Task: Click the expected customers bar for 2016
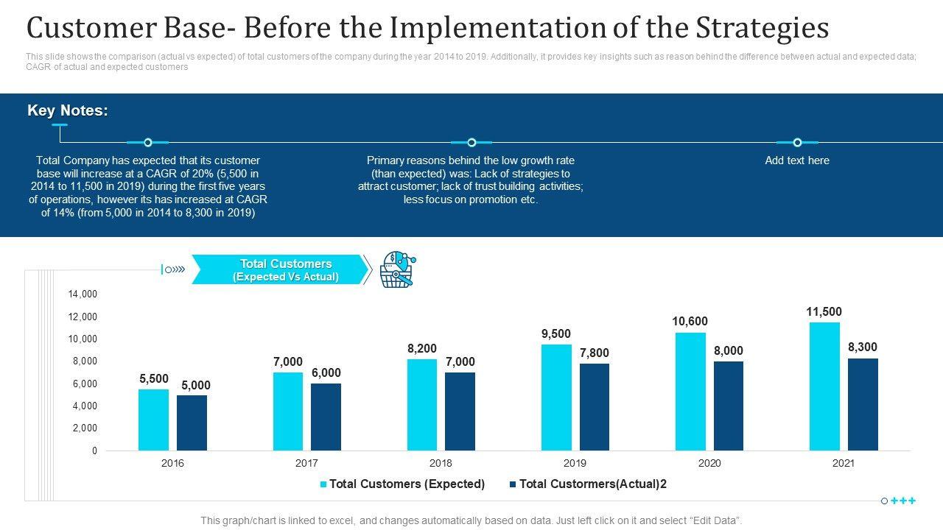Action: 153,420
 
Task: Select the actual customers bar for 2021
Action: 863,404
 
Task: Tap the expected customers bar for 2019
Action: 556,397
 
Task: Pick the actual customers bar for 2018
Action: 460,411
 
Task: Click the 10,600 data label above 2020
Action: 690,322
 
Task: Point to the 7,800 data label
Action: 594,353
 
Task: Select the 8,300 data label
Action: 862,347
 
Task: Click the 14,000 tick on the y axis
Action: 83,294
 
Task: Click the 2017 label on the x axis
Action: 306,464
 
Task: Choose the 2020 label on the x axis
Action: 709,464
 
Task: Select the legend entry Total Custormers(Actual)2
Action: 592,484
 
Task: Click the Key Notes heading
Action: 68,111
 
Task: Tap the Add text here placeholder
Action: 797,160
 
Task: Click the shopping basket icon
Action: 397,269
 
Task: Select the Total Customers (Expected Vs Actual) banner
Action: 281,270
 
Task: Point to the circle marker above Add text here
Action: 797,143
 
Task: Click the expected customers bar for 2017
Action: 288,411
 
